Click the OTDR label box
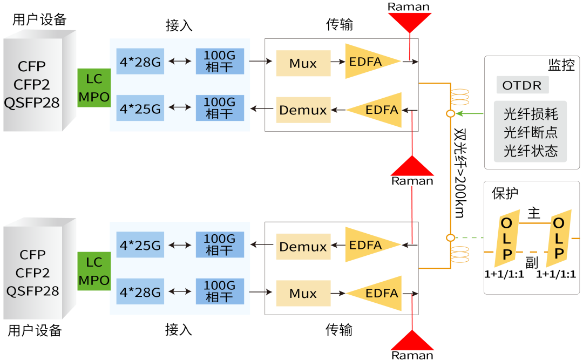pos(522,85)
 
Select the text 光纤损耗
pos(530,114)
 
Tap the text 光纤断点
pos(530,132)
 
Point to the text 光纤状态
pos(530,151)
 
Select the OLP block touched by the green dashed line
pos(506,238)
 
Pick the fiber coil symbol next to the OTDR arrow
pos(459,97)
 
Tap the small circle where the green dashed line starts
pos(450,237)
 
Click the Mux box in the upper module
pos(303,64)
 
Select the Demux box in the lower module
pos(303,247)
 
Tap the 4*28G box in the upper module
pos(140,62)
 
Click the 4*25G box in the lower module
pos(140,246)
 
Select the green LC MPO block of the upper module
pos(94,88)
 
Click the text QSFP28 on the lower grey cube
pos(32,291)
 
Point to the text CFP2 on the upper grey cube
pos(32,85)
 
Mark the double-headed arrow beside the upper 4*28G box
pos(180,62)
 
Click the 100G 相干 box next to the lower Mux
pos(220,293)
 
